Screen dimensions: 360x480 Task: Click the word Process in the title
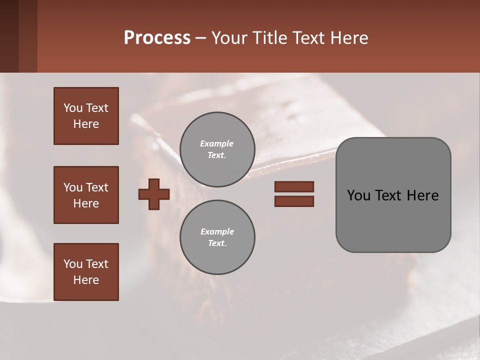157,38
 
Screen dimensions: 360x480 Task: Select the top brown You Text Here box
86,116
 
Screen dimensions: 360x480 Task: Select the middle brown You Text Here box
86,195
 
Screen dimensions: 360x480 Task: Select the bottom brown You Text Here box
86,272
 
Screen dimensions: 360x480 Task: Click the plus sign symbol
154,194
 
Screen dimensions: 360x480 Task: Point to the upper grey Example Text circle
217,149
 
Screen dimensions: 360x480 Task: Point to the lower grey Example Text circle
217,237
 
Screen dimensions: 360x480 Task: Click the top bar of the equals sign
294,187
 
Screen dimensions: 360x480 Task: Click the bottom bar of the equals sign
294,201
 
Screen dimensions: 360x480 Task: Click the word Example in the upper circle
217,144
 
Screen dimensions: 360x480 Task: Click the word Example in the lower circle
217,232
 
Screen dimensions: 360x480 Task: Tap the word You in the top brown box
72,108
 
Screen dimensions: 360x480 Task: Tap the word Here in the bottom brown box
86,280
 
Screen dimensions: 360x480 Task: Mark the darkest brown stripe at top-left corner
9,36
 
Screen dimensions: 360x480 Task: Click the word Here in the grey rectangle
422,195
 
